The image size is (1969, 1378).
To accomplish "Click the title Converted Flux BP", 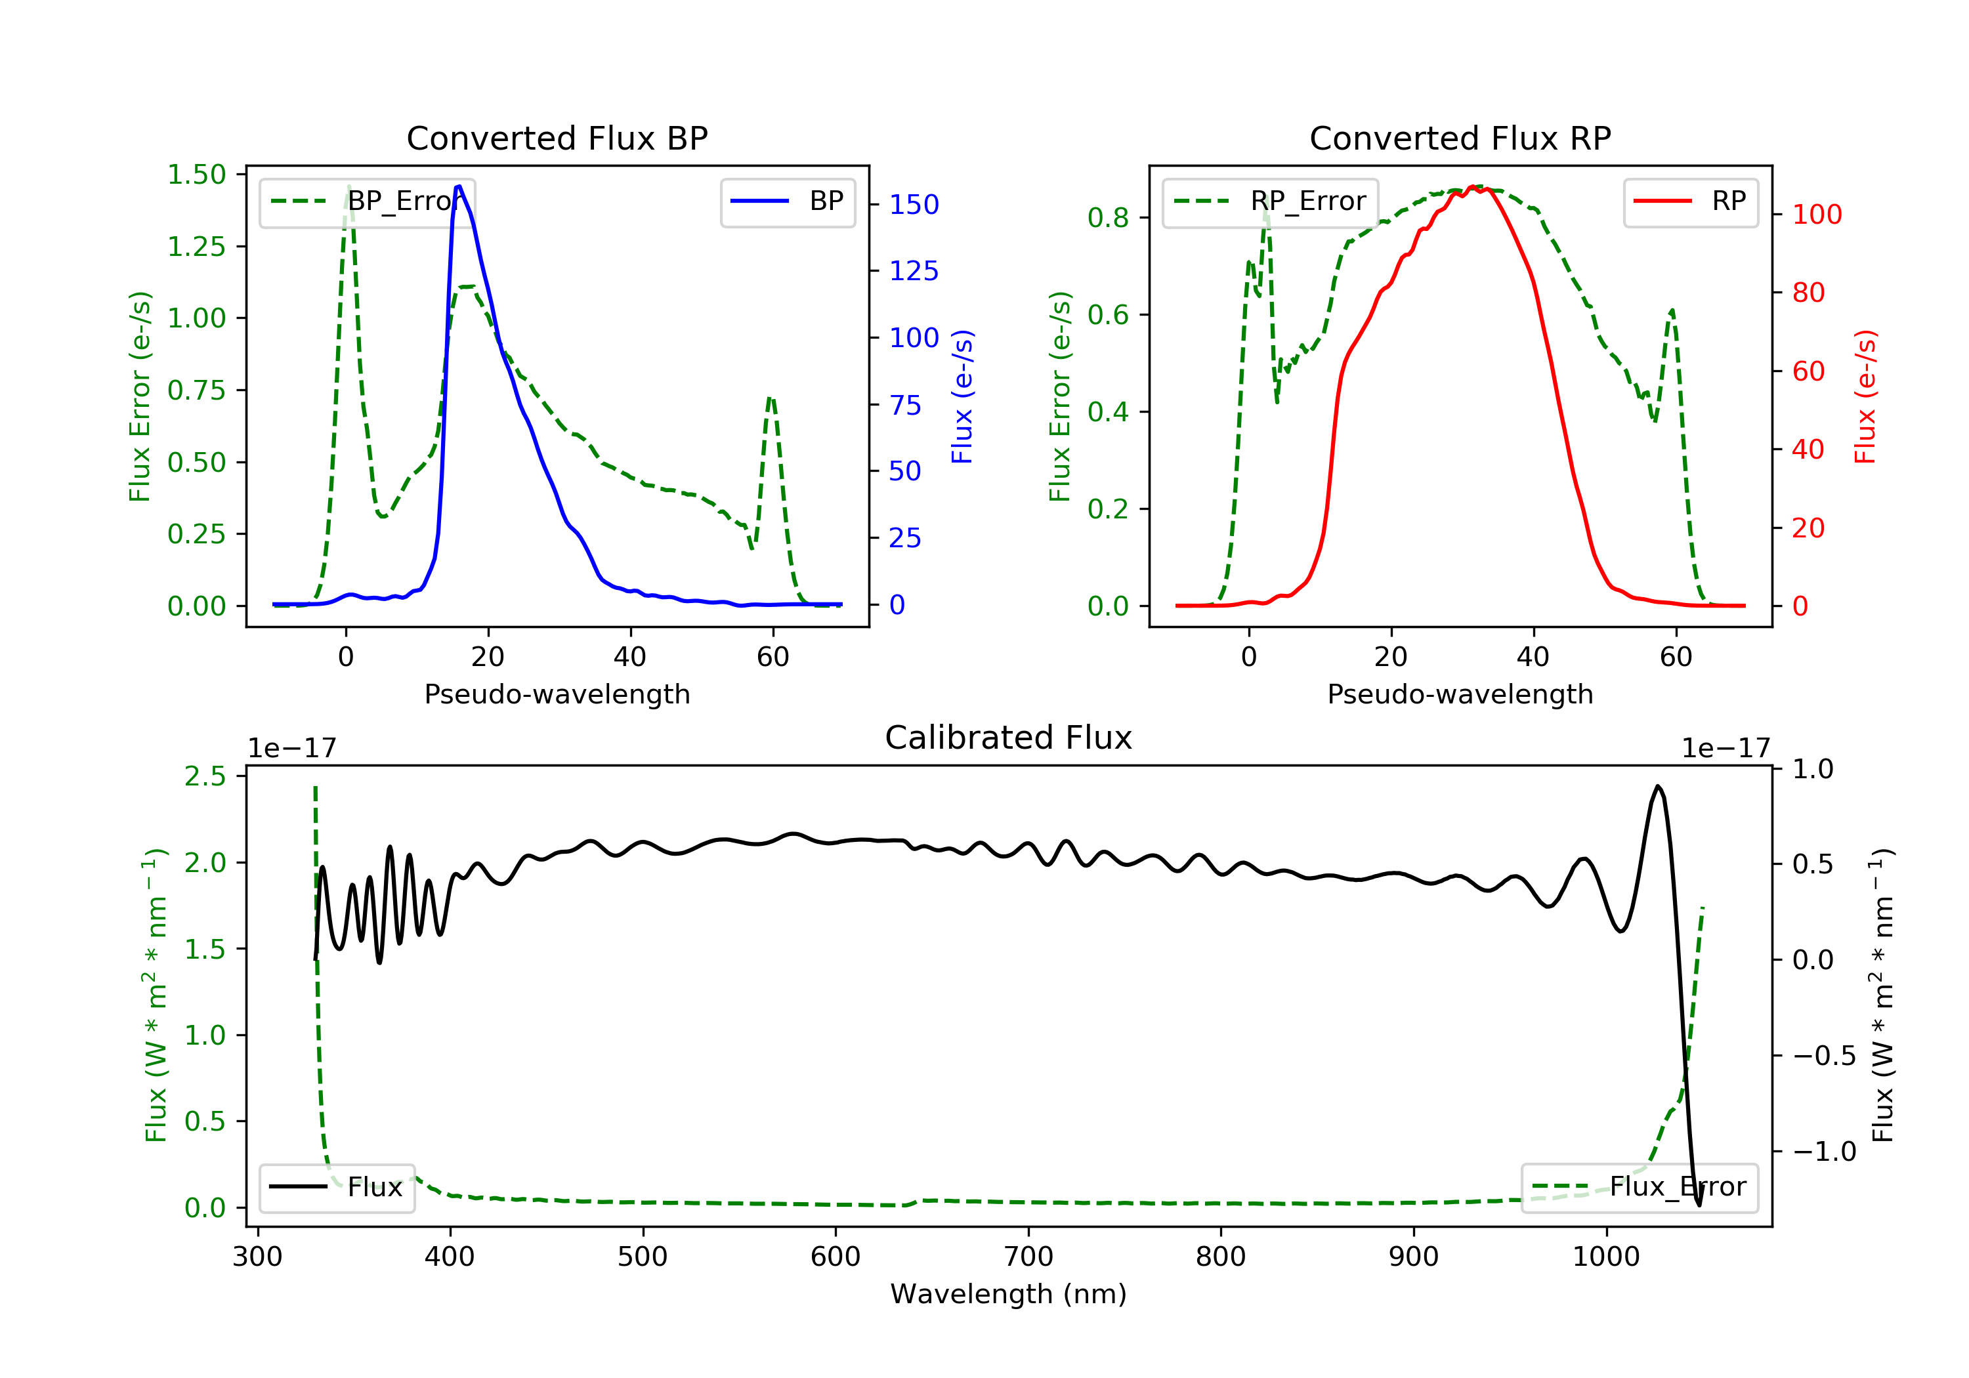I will pos(557,139).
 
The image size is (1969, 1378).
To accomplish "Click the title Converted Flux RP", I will pos(1460,139).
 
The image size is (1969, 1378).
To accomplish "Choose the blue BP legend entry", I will pos(787,201).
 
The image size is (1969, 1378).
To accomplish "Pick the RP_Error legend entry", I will pos(1270,201).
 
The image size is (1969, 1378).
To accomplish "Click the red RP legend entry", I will pos(1690,201).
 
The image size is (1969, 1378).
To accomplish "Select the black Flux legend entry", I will pos(336,1187).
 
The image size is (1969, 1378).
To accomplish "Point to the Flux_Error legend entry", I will pos(1639,1187).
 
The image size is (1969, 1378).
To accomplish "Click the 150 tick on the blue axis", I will pos(914,205).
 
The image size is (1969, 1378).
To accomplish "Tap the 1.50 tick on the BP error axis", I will pos(196,175).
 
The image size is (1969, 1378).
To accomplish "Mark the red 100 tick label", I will pos(1816,215).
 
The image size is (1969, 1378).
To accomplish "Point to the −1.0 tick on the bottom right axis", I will pos(1824,1152).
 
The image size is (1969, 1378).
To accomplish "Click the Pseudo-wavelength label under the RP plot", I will pos(1460,694).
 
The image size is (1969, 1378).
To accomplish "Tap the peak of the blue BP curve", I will pos(459,186).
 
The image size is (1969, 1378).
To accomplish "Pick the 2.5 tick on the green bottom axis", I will pos(205,777).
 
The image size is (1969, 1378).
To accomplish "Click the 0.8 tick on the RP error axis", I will pos(1108,219).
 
